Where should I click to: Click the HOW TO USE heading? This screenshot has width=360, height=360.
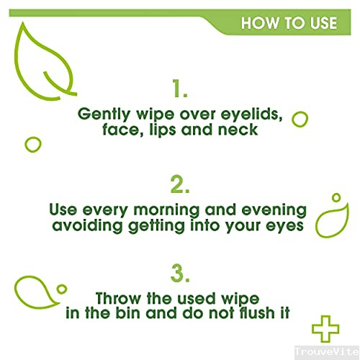click(289, 23)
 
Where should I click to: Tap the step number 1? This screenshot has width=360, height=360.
click(180, 89)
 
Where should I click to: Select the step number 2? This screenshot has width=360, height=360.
click(180, 184)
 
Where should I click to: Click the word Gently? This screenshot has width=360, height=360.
click(104, 114)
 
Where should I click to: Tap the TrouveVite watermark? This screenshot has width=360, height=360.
click(327, 351)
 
